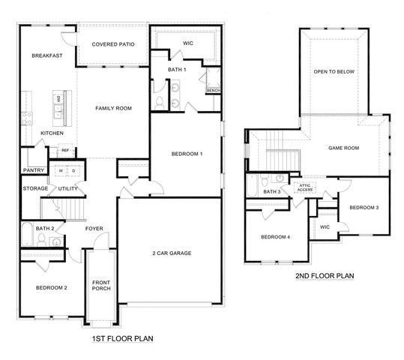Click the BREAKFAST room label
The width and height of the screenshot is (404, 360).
46,56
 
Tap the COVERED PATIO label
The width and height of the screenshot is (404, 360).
113,45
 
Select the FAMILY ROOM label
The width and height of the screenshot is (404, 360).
113,109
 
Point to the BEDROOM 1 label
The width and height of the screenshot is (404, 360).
187,154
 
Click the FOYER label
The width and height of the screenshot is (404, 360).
94,229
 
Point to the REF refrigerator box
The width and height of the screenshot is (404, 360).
65,151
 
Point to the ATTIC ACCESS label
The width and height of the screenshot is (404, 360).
304,187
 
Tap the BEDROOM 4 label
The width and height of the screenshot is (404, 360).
275,238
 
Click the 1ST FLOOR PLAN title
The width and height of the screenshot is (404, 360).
121,339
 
